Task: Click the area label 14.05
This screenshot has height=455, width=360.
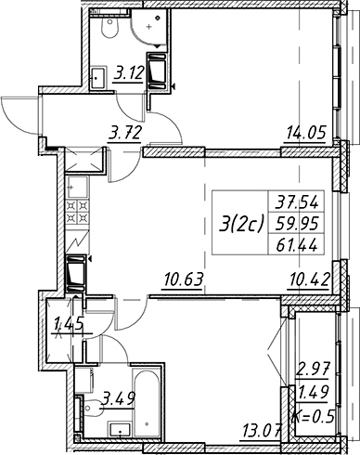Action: coord(306,133)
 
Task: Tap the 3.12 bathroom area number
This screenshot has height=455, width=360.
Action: coord(129,73)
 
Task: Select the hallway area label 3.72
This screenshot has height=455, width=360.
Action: coord(125,134)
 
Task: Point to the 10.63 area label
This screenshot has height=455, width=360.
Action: coord(184,279)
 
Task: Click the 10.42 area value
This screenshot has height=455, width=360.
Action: coord(308,280)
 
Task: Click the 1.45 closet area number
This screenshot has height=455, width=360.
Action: coord(69,325)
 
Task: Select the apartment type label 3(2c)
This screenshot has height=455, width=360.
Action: coord(241,223)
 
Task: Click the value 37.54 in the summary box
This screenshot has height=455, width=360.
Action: coord(297,203)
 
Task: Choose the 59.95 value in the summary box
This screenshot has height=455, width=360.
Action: coord(297,224)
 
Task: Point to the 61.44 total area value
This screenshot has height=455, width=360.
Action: coord(297,245)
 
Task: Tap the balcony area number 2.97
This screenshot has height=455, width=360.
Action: coord(313,369)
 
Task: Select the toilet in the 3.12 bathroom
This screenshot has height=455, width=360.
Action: coord(109,26)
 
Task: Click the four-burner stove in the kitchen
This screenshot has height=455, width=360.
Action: coord(78,212)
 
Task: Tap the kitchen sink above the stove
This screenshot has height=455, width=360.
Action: coord(78,187)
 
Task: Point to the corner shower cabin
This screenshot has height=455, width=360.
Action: coord(149,27)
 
